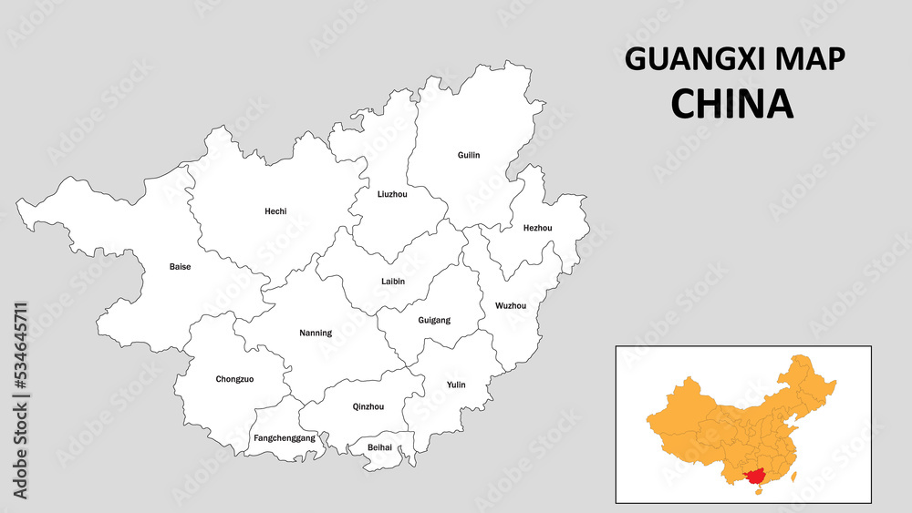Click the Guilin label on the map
tap(469, 156)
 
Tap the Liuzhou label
tap(392, 194)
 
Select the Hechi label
tap(275, 211)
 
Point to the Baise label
tap(181, 267)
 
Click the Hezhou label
tap(537, 228)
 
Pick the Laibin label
tap(393, 282)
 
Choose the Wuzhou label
tap(511, 305)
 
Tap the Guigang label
tap(434, 320)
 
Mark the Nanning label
tap(316, 333)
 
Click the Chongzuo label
tap(234, 379)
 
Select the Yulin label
tap(456, 385)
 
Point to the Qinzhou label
tap(368, 406)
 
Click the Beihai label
tap(379, 447)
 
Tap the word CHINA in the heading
tap(732, 104)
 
